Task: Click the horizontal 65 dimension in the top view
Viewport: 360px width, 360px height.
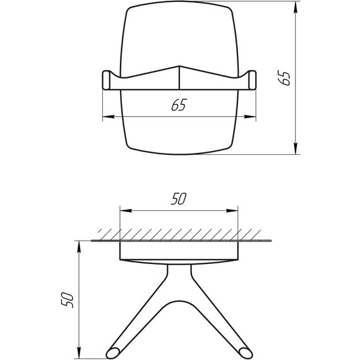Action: coord(178,106)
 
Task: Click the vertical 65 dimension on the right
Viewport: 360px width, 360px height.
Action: coord(285,78)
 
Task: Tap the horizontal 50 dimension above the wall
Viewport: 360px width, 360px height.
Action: coord(178,200)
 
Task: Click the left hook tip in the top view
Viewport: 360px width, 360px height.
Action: coord(106,80)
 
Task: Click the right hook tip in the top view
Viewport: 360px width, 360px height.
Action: coord(253,80)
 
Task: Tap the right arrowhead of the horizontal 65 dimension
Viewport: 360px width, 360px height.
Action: coord(251,117)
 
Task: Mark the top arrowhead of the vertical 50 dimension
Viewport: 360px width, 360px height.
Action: coord(78,245)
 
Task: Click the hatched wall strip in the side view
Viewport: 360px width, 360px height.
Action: coord(179,234)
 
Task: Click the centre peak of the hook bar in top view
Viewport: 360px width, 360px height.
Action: coord(179,67)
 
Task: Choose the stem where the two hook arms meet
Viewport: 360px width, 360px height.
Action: coord(179,278)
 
